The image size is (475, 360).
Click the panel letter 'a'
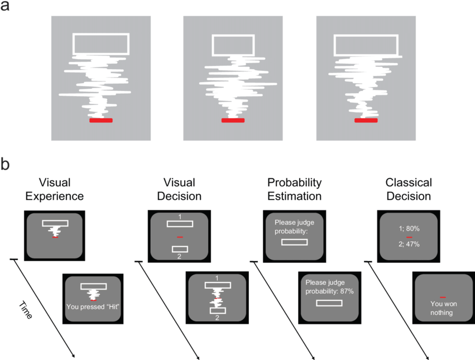click(5, 7)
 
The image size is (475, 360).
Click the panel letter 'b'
click(5, 165)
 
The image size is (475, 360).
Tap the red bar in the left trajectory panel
click(100, 120)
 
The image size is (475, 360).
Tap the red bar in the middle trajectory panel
click(233, 120)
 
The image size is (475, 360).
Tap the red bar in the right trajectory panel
click(366, 120)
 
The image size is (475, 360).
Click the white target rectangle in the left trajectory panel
click(101, 44)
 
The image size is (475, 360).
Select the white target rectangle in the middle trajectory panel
click(233, 44)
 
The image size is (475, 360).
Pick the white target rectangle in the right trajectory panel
click(366, 44)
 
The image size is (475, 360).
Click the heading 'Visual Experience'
click(54, 189)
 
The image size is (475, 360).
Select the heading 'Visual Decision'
click(179, 189)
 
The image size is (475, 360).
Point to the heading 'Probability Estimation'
click(294, 189)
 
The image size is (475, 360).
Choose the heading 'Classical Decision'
click(409, 189)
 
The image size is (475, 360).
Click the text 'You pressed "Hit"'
click(93, 306)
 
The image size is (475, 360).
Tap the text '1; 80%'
click(409, 228)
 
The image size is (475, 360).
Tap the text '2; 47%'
click(409, 244)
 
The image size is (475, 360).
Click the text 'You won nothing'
click(442, 308)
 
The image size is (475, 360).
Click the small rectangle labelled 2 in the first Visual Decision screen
click(179, 249)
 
